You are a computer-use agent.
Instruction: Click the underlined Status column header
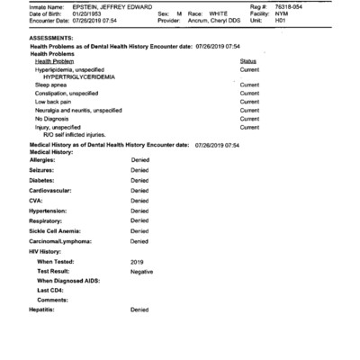point(248,61)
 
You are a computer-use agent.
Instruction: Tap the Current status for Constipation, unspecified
point(249,94)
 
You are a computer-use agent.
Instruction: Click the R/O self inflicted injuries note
point(76,134)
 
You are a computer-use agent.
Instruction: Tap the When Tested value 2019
point(137,261)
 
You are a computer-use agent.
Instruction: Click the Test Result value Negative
point(141,271)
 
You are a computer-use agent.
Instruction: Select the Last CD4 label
point(50,291)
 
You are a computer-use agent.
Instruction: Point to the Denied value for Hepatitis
point(139,310)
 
